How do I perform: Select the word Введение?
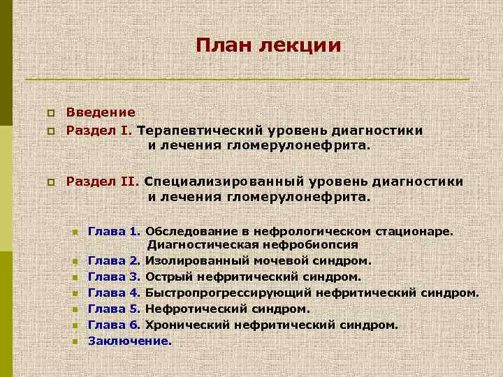[101, 112]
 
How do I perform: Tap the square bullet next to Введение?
[50, 113]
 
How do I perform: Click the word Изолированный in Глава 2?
[191, 260]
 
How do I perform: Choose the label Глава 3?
[115, 276]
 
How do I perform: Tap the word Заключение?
[129, 341]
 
